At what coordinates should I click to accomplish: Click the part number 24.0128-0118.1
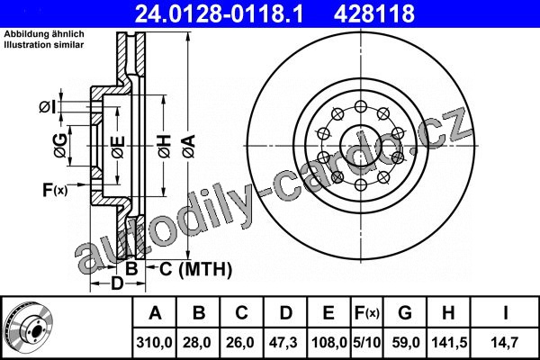(219, 13)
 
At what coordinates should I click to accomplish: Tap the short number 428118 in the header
(374, 13)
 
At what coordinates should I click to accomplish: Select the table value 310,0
(154, 342)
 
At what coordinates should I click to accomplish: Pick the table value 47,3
(284, 342)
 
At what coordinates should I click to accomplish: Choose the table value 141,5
(449, 342)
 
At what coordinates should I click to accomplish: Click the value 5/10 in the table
(367, 342)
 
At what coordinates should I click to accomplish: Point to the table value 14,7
(505, 342)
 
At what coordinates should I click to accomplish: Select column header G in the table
(405, 313)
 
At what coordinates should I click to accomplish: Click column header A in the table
(156, 313)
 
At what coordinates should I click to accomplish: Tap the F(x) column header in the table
(367, 313)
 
